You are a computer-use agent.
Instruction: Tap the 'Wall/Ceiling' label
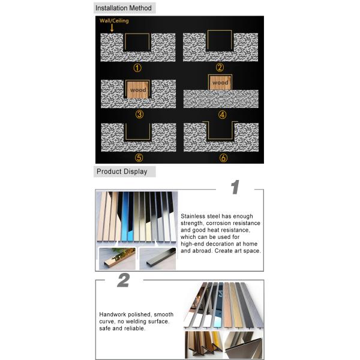114,21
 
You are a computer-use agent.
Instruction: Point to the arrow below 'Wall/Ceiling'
112,28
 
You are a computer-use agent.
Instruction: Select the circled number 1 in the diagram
137,68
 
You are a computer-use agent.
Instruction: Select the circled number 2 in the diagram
220,68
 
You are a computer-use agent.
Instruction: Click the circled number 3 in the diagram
139,114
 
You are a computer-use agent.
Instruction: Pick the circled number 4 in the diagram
221,114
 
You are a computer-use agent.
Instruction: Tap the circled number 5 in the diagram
139,158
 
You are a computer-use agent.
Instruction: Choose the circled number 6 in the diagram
223,158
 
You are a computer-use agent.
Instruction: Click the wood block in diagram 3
137,90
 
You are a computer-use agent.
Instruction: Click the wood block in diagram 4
220,82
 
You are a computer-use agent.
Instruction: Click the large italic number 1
235,187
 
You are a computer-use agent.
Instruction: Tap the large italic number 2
123,280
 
